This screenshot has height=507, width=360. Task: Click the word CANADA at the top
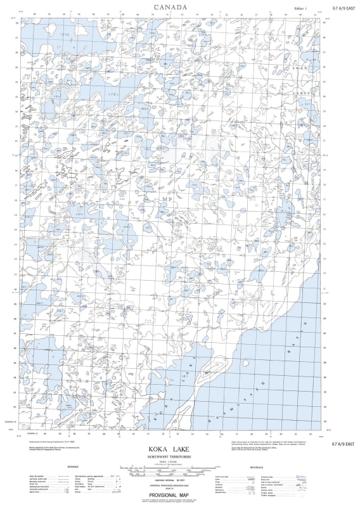click(170, 8)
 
